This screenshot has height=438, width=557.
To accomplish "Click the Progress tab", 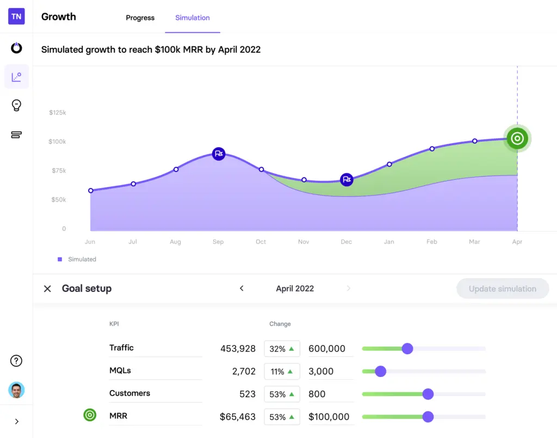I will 140,18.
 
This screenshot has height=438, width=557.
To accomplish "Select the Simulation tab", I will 192,18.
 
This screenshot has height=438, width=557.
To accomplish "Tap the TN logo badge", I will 16,16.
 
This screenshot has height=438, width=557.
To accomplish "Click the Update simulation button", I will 502,289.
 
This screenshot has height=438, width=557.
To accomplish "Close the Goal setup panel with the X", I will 47,289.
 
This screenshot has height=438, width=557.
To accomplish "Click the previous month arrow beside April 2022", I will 242,289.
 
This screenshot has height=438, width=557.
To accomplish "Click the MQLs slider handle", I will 380,372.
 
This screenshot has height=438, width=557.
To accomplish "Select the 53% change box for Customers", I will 282,394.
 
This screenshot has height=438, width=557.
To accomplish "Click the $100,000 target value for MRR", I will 329,417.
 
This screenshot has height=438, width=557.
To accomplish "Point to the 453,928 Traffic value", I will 238,349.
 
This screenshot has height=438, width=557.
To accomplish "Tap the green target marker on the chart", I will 517,138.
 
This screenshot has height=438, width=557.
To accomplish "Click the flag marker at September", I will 219,154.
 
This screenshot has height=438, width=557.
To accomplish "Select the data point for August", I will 176,169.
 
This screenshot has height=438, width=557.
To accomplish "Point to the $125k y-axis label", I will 57,113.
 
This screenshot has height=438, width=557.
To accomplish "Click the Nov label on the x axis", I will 304,242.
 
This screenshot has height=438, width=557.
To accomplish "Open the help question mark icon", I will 16,361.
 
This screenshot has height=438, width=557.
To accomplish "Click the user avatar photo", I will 16,390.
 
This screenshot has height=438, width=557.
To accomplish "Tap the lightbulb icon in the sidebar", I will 16,106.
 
